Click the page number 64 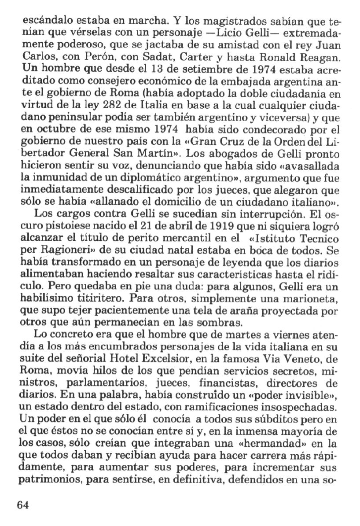[x=23, y=504]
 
